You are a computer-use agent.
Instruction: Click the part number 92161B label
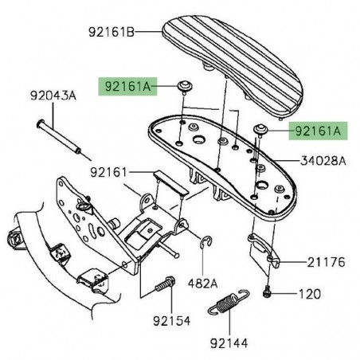[x=112, y=33]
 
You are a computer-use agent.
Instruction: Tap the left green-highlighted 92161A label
[x=127, y=87]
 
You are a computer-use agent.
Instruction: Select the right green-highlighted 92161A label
[x=318, y=131]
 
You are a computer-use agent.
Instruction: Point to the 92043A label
[x=53, y=96]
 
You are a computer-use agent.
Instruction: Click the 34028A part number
[x=323, y=161]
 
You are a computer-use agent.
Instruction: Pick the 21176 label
[x=327, y=262]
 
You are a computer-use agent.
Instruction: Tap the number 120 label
[x=310, y=294]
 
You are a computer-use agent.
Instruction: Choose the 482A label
[x=202, y=284]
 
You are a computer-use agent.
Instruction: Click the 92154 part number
[x=172, y=321]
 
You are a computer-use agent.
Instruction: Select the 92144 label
[x=229, y=343]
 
